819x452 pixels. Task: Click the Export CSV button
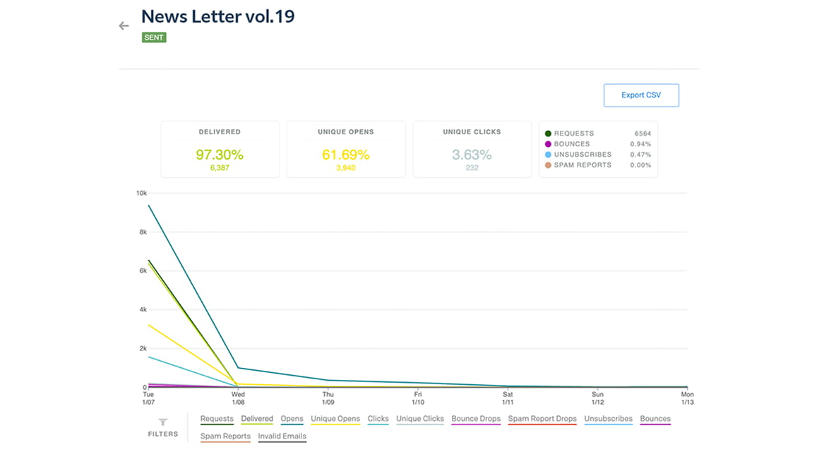641,95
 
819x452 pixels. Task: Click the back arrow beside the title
124,26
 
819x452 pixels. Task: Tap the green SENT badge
154,37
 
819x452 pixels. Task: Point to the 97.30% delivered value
220,155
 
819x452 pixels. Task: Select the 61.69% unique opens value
346,155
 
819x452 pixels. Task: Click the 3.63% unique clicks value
472,155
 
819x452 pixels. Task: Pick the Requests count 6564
642,133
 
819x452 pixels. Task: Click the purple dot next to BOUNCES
548,144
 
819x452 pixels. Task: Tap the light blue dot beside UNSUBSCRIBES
548,155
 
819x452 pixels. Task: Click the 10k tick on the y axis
141,193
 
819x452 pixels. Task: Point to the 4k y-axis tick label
142,309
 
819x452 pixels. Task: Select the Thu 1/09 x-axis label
328,398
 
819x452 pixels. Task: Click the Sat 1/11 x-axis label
508,398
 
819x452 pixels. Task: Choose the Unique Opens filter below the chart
335,419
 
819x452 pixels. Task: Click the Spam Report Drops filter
542,419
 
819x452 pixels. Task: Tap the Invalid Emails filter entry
282,436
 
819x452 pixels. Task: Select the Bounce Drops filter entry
476,419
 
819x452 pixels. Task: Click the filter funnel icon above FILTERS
162,422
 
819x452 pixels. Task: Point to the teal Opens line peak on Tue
149,206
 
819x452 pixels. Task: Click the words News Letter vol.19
217,16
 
